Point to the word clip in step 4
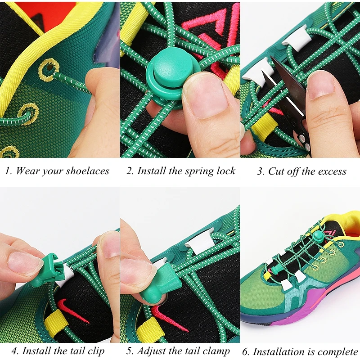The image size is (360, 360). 96,351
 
